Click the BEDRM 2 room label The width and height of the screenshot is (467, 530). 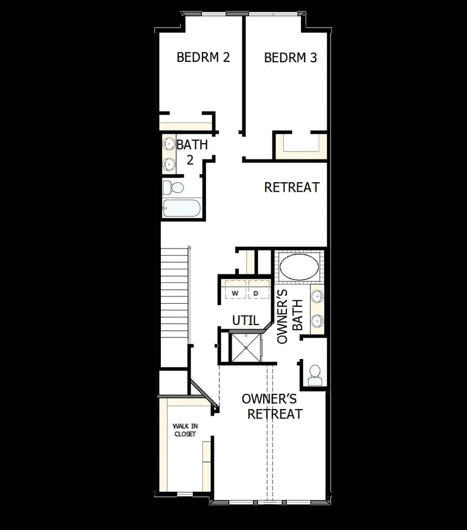click(x=203, y=57)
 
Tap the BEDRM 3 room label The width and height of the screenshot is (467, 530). click(x=291, y=58)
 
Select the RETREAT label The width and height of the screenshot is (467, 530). click(x=292, y=187)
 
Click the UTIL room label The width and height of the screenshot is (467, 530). click(x=245, y=321)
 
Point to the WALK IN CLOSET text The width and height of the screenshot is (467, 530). click(x=185, y=430)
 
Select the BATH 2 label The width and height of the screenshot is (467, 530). click(x=191, y=152)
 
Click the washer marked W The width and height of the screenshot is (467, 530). click(x=235, y=293)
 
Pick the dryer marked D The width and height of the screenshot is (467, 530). click(x=256, y=293)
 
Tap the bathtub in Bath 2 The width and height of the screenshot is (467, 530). click(x=180, y=209)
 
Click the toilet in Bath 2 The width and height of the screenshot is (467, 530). click(x=173, y=186)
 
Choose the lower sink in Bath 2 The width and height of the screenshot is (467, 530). click(x=169, y=164)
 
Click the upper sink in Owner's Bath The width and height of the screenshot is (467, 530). click(x=317, y=297)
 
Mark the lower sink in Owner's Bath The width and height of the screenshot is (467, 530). click(x=317, y=320)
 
